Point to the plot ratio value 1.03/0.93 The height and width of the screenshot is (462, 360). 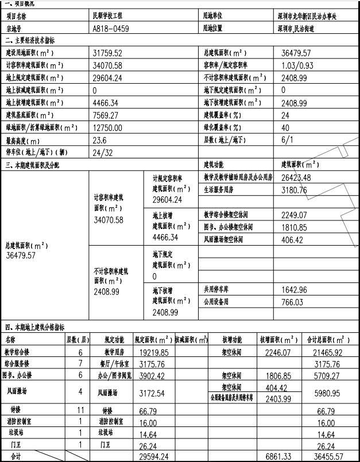coord(297,65)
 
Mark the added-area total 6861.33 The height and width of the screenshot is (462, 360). coord(278,456)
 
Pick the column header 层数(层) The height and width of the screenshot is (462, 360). coord(78,340)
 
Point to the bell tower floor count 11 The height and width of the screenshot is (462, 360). coord(80,410)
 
